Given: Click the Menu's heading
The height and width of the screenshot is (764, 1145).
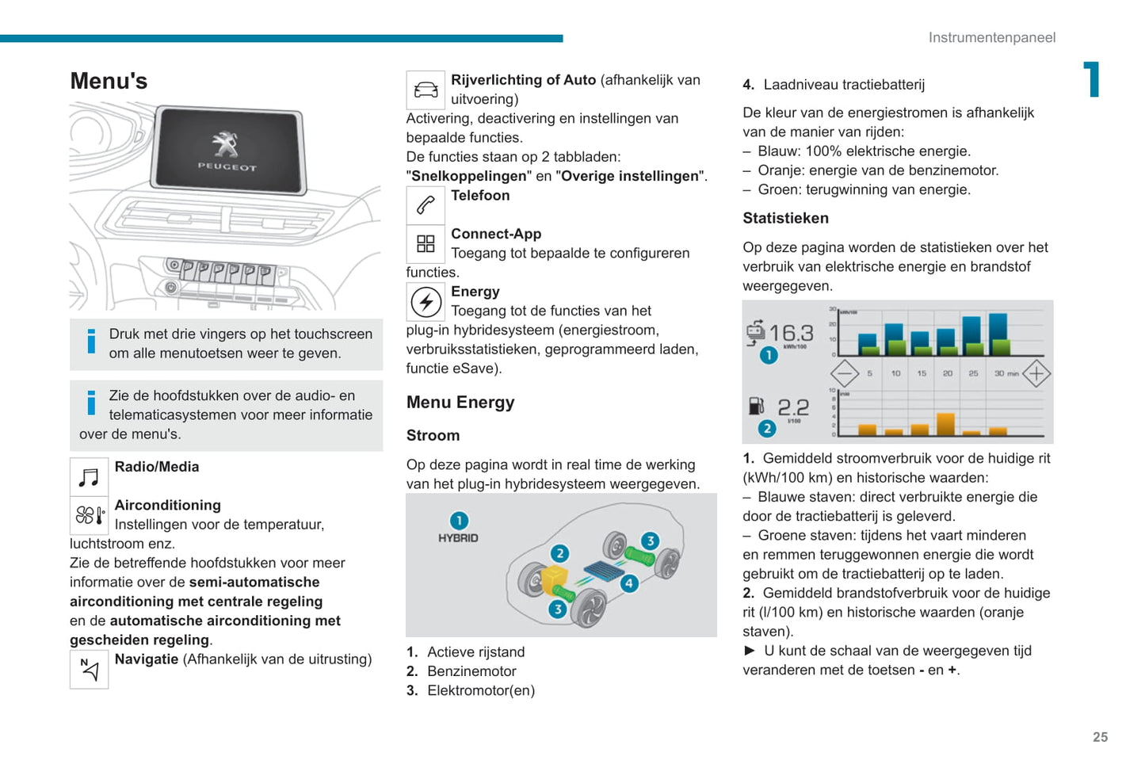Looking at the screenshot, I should tap(109, 81).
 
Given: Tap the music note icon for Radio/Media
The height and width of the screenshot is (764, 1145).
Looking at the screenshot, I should tap(89, 477).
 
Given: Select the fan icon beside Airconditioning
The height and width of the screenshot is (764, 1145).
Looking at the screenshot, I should tap(89, 516).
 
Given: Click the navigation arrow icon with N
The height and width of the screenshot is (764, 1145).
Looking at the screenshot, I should tap(89, 670).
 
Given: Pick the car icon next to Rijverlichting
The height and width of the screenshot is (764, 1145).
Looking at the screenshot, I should tap(426, 90).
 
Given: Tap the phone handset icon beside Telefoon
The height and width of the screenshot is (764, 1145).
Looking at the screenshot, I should tap(426, 205).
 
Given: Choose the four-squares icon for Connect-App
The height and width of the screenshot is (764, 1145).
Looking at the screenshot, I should tap(426, 244).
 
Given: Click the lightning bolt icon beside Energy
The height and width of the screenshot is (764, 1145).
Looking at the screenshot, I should tap(426, 302).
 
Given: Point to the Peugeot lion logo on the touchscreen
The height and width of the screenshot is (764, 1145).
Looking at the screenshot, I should tap(226, 144).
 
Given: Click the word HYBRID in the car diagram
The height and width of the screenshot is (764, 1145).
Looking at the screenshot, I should tap(458, 538).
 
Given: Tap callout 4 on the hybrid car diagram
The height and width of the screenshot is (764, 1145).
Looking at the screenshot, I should tap(629, 583).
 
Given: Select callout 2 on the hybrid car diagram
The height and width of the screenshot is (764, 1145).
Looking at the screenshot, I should tap(560, 553).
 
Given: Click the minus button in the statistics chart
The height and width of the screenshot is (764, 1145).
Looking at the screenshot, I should tap(845, 373).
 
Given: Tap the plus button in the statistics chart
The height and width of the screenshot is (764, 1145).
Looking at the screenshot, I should tap(1036, 373).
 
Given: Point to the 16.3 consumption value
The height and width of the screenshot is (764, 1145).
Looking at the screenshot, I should tap(791, 333).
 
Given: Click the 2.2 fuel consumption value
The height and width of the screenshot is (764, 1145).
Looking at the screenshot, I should tap(793, 407).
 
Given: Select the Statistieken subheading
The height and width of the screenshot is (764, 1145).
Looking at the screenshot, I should tap(785, 218).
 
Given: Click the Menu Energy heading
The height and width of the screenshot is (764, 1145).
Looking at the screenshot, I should tap(460, 403).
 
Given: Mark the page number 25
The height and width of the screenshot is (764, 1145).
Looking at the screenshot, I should tap(1100, 737).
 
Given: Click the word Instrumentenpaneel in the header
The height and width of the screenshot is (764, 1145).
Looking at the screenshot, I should tap(991, 37).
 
